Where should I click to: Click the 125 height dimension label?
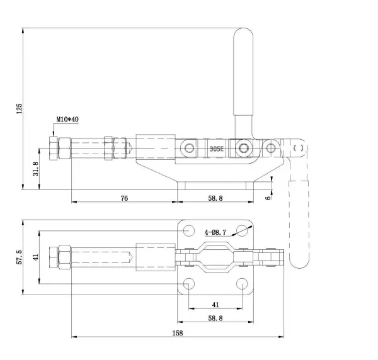[x=19, y=109]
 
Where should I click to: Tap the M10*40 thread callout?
[x=67, y=119]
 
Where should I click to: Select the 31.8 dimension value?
[x=35, y=169]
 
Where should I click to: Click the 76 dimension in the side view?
[x=124, y=198]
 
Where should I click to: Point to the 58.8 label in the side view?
[x=215, y=198]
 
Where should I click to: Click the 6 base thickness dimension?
[x=268, y=198]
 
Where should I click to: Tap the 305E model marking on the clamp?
[x=217, y=149]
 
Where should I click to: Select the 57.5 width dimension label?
[x=19, y=257]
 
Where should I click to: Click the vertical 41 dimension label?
[x=36, y=257]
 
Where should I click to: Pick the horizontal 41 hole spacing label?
[x=215, y=305]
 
